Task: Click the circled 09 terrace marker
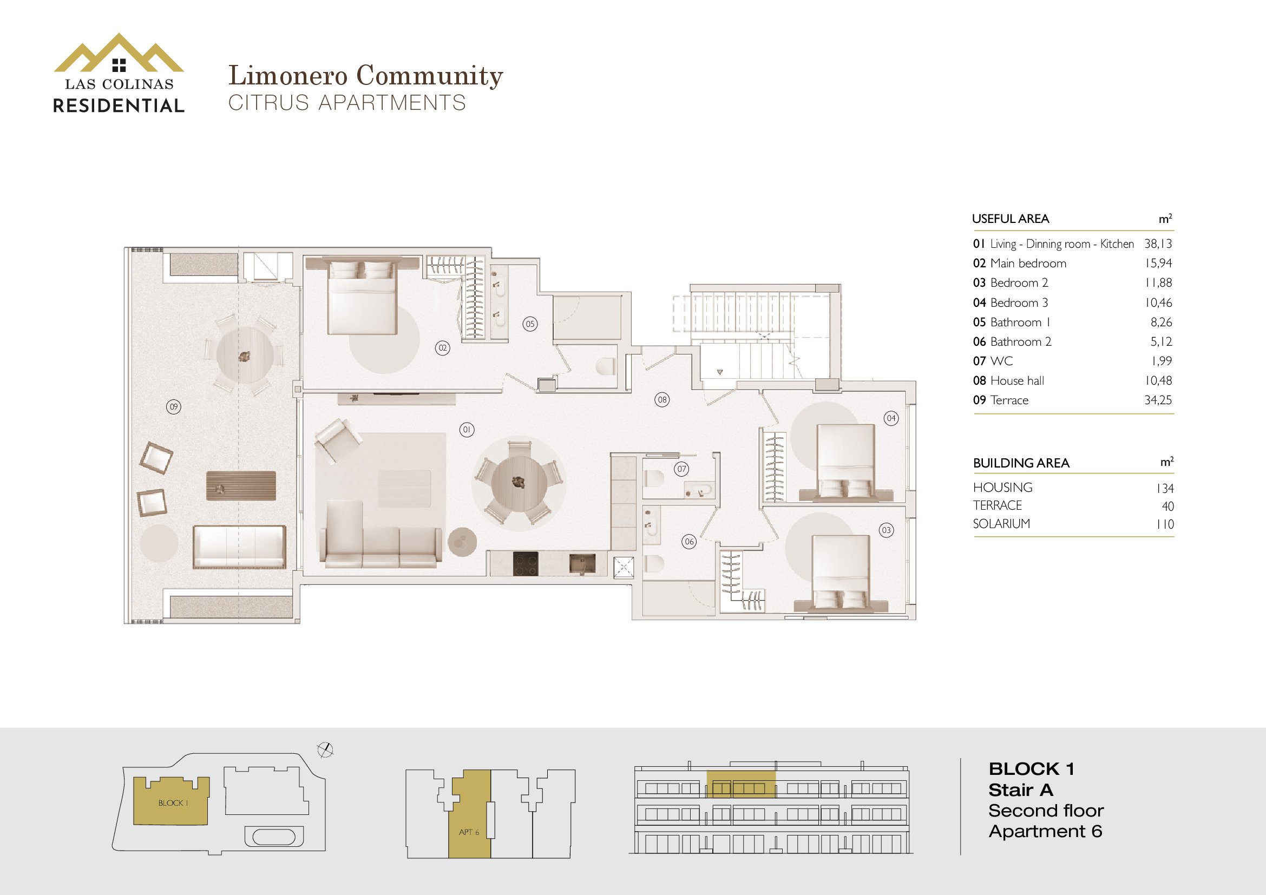coord(174,407)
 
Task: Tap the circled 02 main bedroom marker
coord(442,348)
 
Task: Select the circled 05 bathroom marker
coord(530,324)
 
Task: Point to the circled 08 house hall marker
coord(662,399)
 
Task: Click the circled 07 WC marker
coord(682,469)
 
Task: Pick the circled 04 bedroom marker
coord(891,418)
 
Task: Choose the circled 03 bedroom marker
coord(886,530)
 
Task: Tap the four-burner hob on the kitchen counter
coord(526,564)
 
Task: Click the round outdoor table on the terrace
coord(245,355)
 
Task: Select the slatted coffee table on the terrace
coord(241,485)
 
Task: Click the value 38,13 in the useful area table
coord(1158,244)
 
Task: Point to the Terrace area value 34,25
coord(1158,400)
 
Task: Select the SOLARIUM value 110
coord(1165,524)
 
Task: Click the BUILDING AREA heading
coord(1021,463)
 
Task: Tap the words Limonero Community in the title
coord(365,76)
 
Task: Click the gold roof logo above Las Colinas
coord(119,53)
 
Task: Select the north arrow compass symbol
coord(326,749)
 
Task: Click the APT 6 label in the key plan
coord(469,832)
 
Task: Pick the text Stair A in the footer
coord(1021,790)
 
